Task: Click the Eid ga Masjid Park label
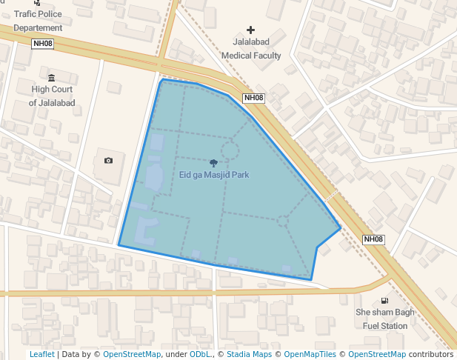[214, 175]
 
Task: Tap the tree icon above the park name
[214, 162]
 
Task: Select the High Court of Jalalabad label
[52, 96]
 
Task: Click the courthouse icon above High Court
[51, 78]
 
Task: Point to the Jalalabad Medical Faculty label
[250, 50]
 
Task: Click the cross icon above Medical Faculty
[250, 30]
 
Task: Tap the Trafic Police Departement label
[38, 21]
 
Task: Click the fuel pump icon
[384, 300]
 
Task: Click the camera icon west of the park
[109, 160]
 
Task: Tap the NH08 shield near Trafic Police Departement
[43, 44]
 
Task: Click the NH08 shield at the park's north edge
[253, 98]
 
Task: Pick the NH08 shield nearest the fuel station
[374, 239]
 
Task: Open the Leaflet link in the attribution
[41, 355]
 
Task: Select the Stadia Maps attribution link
[249, 355]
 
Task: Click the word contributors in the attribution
[432, 355]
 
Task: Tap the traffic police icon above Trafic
[37, 3]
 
